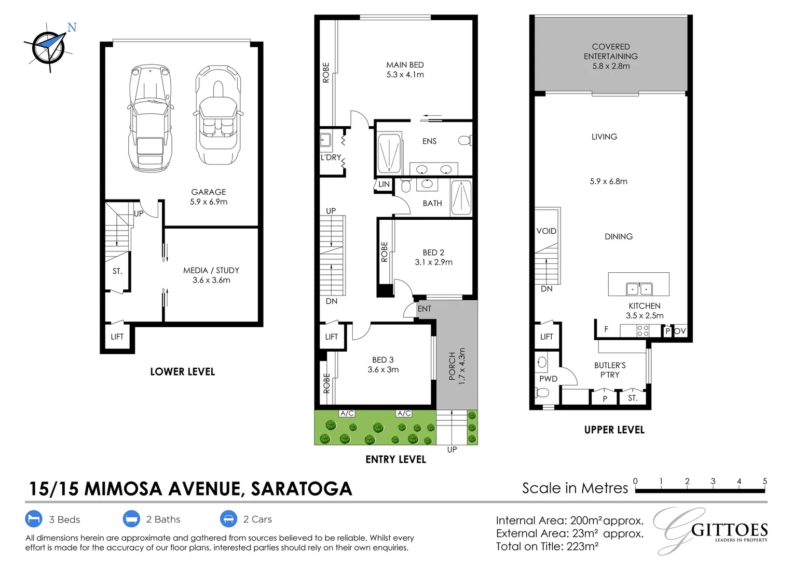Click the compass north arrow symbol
(49, 47)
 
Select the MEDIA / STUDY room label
(211, 271)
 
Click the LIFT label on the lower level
(117, 337)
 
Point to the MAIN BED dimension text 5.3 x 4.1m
(405, 75)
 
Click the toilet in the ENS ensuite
(465, 140)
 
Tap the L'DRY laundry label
(331, 157)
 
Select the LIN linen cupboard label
(384, 184)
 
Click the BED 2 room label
(433, 252)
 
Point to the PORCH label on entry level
(452, 366)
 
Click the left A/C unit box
(347, 413)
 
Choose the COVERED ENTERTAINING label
(611, 51)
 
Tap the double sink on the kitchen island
(639, 288)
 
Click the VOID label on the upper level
(546, 231)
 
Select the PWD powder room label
(548, 379)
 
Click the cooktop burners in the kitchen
(642, 331)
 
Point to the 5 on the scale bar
(764, 482)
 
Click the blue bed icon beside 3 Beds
(34, 519)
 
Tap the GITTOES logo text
(729, 530)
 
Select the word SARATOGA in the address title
(302, 489)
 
